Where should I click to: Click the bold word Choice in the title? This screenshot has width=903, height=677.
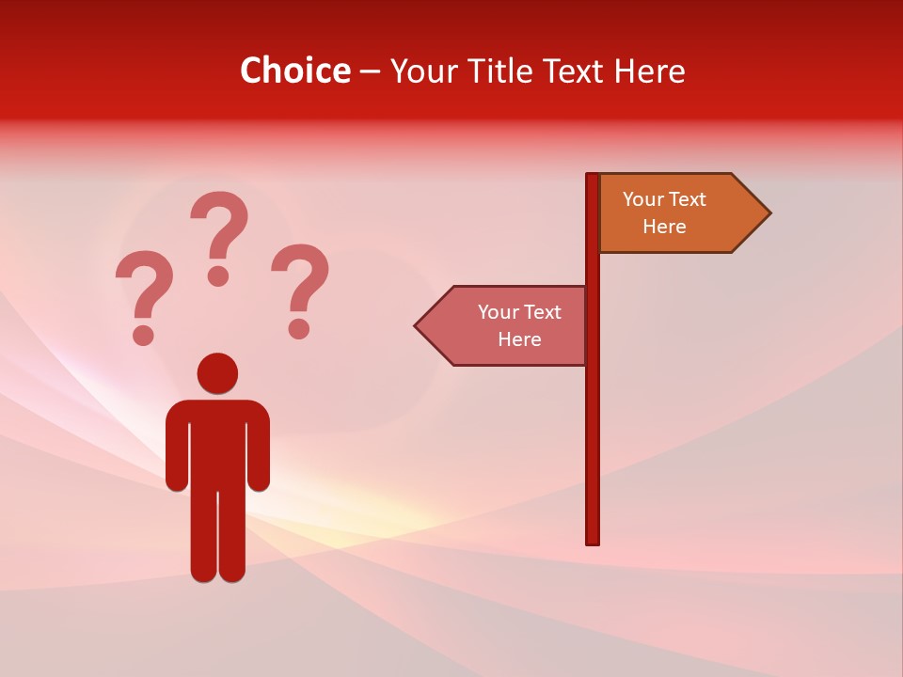click(x=294, y=71)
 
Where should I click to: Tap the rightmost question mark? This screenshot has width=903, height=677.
click(x=301, y=290)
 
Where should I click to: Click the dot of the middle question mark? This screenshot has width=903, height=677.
click(x=218, y=276)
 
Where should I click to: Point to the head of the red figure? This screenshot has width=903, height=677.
click(x=217, y=372)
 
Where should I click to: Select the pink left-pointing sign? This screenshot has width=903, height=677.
click(x=508, y=325)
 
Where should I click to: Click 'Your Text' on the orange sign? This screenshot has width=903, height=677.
click(x=664, y=199)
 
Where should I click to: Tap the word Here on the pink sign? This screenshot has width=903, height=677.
click(x=519, y=339)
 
